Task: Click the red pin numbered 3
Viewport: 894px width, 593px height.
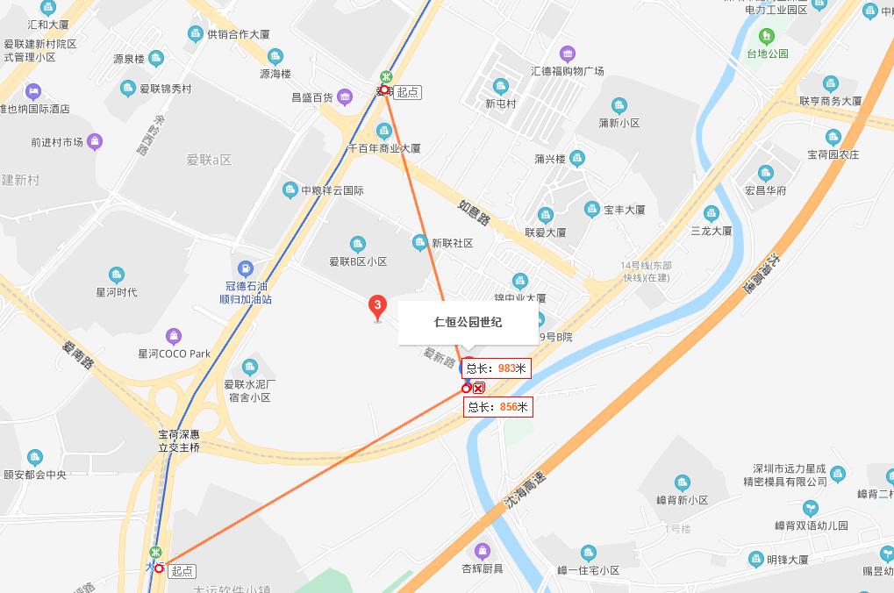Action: coord(377,306)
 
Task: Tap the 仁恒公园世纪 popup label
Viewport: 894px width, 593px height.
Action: coord(468,322)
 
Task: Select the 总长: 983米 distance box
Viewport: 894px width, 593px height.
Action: coord(497,369)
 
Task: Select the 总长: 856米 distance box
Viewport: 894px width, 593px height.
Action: coord(498,407)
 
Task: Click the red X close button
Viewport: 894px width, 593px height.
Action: coord(479,388)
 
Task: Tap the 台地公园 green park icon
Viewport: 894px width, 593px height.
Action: coord(768,36)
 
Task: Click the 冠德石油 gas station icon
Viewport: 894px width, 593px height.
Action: coord(247,267)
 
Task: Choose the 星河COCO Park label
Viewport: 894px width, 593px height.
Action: coord(175,354)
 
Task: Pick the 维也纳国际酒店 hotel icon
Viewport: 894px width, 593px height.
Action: coord(34,91)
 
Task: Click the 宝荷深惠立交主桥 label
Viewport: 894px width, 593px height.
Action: coord(179,440)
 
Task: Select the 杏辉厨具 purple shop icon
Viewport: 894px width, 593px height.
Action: coord(482,551)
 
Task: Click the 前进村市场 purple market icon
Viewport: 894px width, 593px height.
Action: coord(95,141)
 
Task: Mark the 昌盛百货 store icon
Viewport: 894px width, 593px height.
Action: coord(346,96)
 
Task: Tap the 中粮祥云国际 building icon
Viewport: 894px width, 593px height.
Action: coord(290,190)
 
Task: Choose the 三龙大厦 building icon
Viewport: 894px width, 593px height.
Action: coord(712,213)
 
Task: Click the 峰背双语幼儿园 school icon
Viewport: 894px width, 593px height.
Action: coord(812,508)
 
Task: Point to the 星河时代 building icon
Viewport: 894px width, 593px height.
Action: coord(117,275)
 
